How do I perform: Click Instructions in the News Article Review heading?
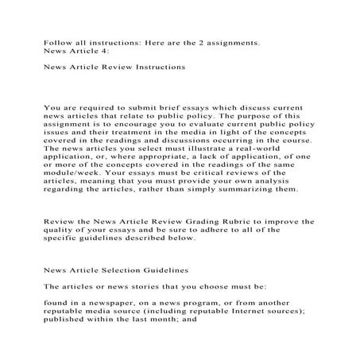pyautogui.click(x=160, y=68)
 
